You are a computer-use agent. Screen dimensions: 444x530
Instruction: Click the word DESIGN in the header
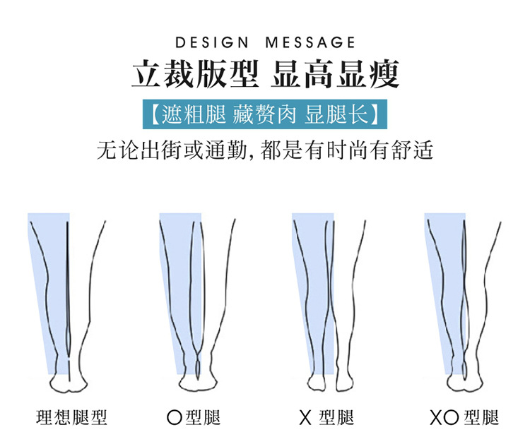(213, 43)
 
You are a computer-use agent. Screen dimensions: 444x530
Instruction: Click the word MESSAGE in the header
(311, 43)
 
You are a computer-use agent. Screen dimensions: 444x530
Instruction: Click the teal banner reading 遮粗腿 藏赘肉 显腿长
(264, 114)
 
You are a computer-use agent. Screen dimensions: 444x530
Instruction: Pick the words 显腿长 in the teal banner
(342, 114)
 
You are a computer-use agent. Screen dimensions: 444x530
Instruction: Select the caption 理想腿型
(72, 418)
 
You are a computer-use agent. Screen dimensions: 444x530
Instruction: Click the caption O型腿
(194, 418)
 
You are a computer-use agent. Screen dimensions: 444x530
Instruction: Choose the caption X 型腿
(326, 418)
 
